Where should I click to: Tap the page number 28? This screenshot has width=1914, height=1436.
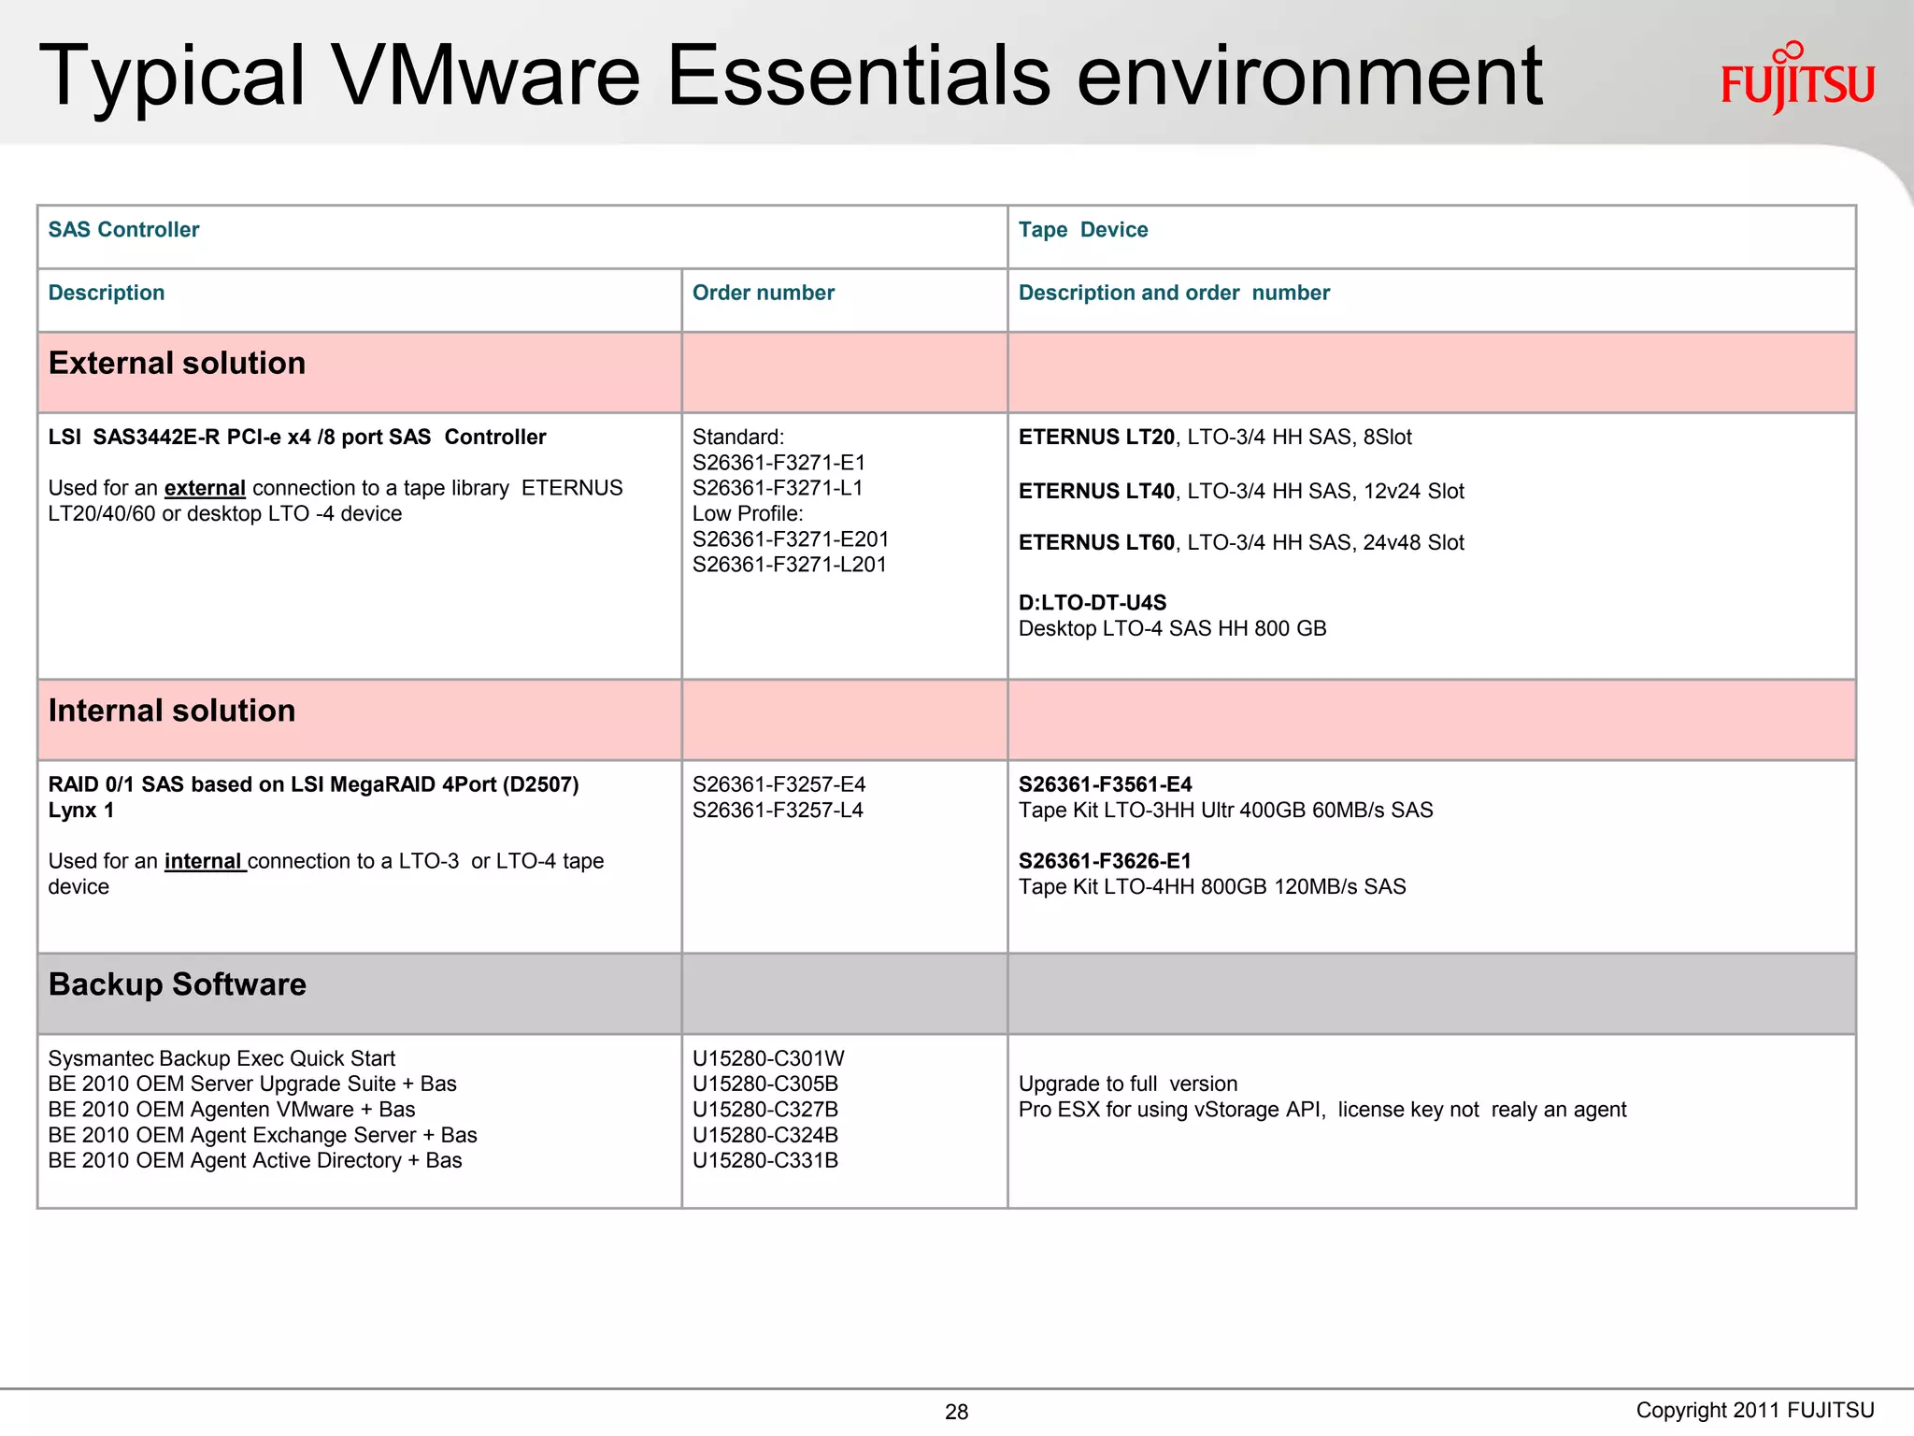point(956,1412)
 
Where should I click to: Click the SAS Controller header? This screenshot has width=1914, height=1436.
point(123,230)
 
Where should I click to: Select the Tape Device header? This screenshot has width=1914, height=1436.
point(1082,230)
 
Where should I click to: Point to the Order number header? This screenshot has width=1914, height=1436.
point(763,293)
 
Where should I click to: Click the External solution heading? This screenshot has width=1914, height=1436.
point(177,364)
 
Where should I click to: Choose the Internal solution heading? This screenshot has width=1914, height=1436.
point(172,711)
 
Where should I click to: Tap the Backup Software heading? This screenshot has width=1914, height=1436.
point(177,985)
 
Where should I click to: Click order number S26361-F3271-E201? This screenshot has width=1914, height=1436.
point(790,539)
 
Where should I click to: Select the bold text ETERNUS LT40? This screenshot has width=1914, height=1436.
point(1095,492)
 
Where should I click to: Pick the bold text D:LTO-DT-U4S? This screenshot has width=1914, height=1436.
point(1092,603)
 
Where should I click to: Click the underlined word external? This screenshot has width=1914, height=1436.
point(205,489)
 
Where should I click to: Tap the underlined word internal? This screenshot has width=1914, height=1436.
point(204,862)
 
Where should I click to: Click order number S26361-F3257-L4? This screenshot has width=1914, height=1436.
point(778,811)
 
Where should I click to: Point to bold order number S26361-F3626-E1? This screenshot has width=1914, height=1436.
point(1105,862)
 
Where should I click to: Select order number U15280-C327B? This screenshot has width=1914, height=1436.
point(764,1110)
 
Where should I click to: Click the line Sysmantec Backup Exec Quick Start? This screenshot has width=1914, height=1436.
point(221,1058)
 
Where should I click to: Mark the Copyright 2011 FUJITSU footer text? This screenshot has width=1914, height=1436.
point(1754,1411)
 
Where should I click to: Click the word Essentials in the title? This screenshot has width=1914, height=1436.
point(858,77)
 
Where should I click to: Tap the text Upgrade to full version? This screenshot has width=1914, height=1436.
point(1127,1084)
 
